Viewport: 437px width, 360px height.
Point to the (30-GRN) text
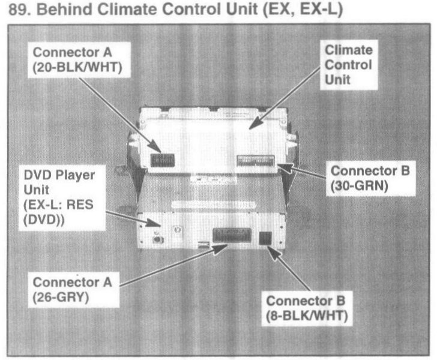pos(360,185)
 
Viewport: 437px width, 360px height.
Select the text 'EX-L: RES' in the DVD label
pos(57,205)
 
